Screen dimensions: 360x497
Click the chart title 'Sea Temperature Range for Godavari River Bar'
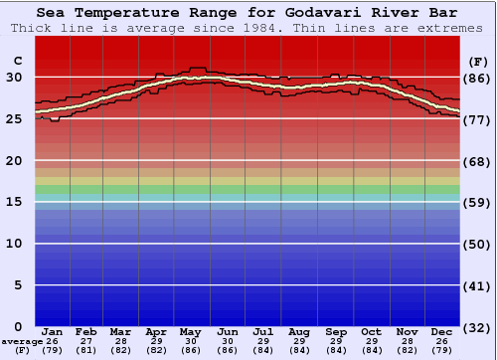[x=248, y=13]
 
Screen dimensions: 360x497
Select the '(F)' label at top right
[x=478, y=62]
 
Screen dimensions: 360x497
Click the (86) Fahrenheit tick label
[x=478, y=78]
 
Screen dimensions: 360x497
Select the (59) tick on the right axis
[x=478, y=202]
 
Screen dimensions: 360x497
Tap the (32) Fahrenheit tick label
[x=478, y=327]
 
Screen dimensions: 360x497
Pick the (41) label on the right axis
[x=478, y=285]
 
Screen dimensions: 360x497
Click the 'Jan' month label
[x=53, y=331]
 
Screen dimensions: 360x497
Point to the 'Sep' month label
[x=335, y=331]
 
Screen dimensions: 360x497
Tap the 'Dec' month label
[x=441, y=331]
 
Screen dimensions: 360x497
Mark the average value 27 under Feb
[x=86, y=341]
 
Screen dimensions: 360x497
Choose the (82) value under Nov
[x=406, y=350]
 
